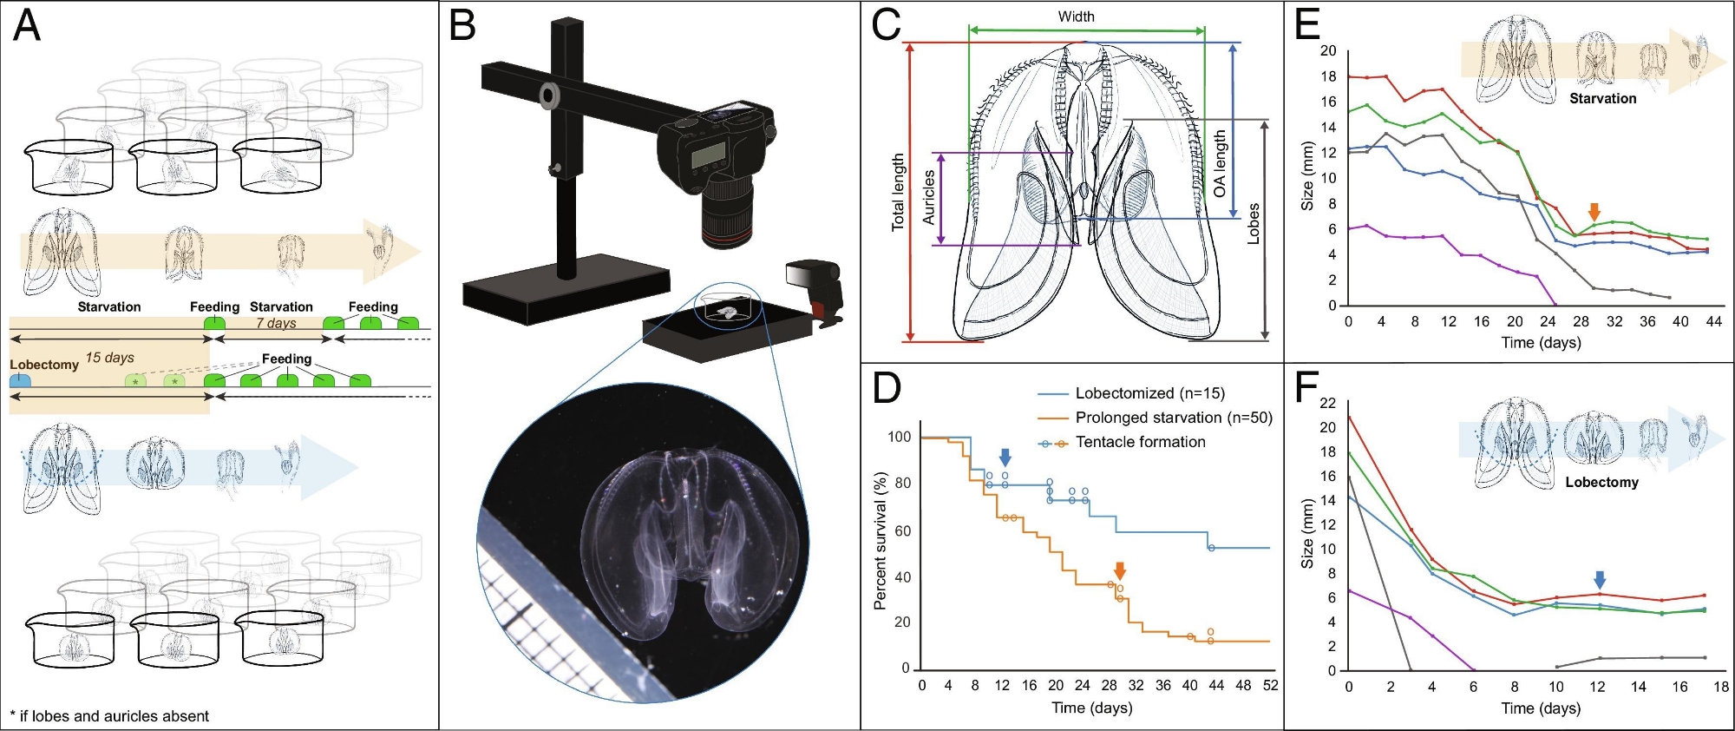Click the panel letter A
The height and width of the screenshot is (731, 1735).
27,26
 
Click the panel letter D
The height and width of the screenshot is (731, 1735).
886,388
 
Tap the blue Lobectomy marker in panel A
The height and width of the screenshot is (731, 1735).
20,380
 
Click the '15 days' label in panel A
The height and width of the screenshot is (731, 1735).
109,358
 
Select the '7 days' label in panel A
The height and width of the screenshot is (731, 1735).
276,323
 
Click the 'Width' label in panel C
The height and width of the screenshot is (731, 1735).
1076,16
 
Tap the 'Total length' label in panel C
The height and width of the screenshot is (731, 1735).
898,192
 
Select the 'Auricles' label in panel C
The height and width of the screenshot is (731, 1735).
929,197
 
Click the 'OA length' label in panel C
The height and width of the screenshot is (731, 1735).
1220,163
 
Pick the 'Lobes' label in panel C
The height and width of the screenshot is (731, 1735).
1254,223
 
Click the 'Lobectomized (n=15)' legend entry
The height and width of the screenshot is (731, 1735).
1149,393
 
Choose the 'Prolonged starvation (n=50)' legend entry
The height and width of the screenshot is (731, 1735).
1173,418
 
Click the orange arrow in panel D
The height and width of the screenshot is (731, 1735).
1120,570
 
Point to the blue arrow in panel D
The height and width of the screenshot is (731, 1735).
1005,458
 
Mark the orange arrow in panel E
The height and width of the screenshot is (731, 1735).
1594,211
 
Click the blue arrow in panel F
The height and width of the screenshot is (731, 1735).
1600,580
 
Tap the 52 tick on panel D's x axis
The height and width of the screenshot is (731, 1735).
1270,685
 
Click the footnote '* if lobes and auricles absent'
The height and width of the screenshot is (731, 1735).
109,716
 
